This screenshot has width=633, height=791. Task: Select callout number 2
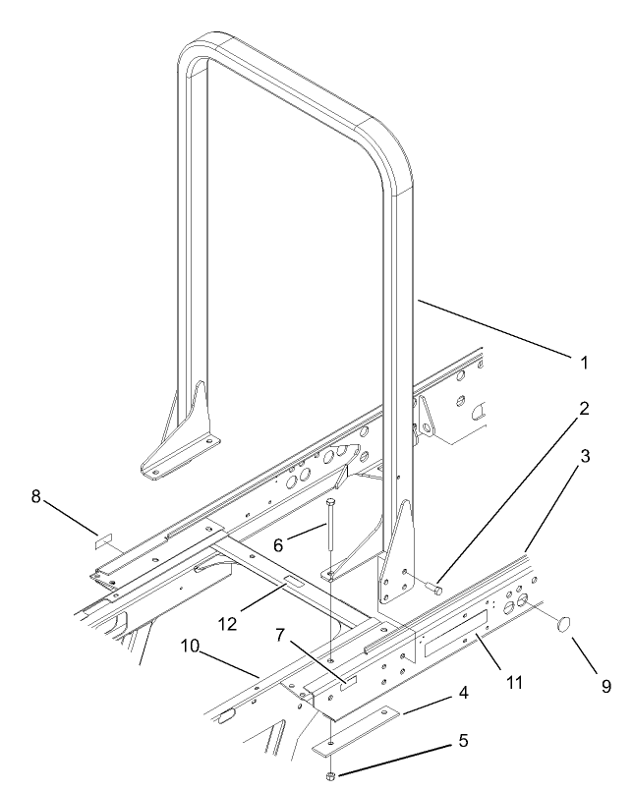[x=584, y=409]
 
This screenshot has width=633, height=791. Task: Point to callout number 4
[x=461, y=693]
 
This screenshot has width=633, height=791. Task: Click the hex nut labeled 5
[x=332, y=776]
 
